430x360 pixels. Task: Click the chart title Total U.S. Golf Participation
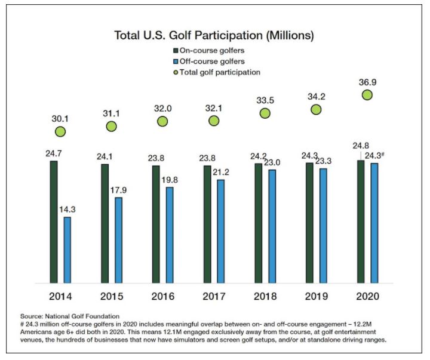tap(215, 35)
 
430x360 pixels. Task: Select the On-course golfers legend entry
tap(216, 51)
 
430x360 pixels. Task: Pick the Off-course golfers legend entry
tap(216, 61)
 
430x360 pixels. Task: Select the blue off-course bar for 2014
tap(67, 250)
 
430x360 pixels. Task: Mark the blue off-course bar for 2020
tap(374, 223)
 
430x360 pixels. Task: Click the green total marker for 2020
tap(367, 95)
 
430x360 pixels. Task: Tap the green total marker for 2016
tap(162, 121)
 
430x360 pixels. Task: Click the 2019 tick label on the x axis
tap(316, 296)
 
